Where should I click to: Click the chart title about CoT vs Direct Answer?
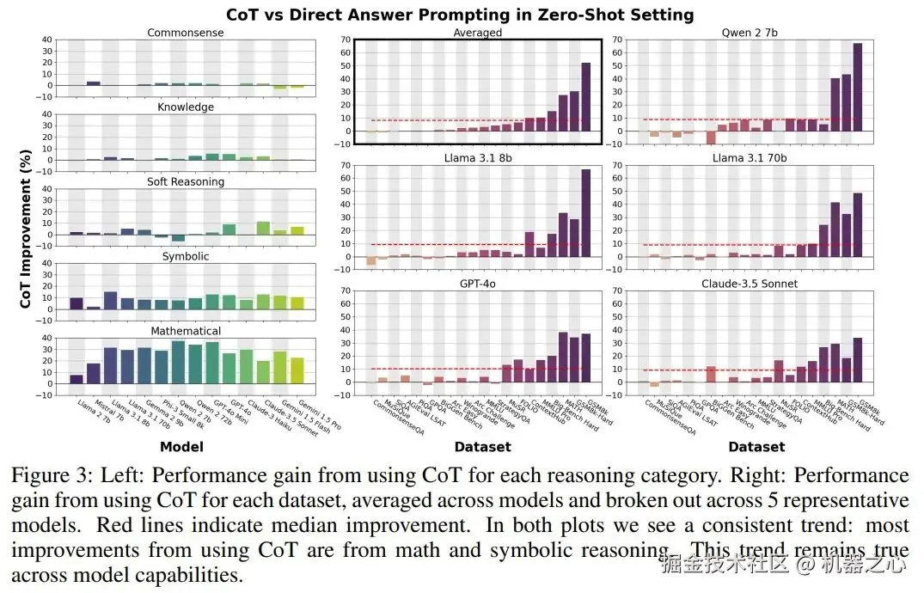click(460, 15)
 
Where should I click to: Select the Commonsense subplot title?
click(185, 33)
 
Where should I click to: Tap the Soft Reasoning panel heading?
click(185, 181)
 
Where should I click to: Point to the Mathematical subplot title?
click(185, 331)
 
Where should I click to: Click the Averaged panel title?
click(478, 33)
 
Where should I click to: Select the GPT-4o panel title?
click(478, 284)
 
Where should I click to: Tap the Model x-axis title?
click(181, 447)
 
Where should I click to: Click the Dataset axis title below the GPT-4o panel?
click(482, 447)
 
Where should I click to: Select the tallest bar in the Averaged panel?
click(585, 96)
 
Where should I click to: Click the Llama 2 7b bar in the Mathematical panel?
click(76, 378)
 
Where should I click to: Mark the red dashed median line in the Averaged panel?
click(478, 120)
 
